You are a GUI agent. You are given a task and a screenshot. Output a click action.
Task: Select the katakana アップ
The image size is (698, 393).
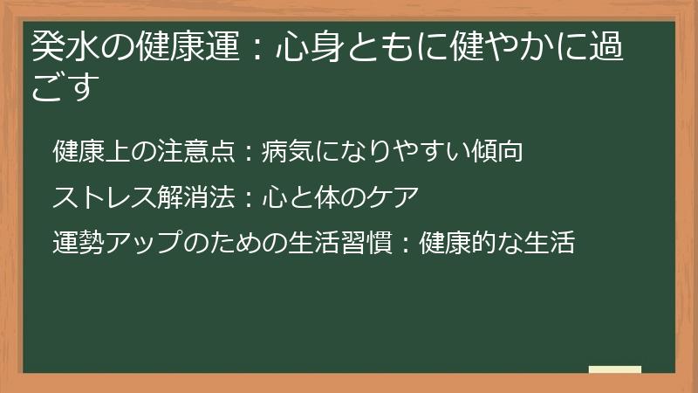(143, 243)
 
